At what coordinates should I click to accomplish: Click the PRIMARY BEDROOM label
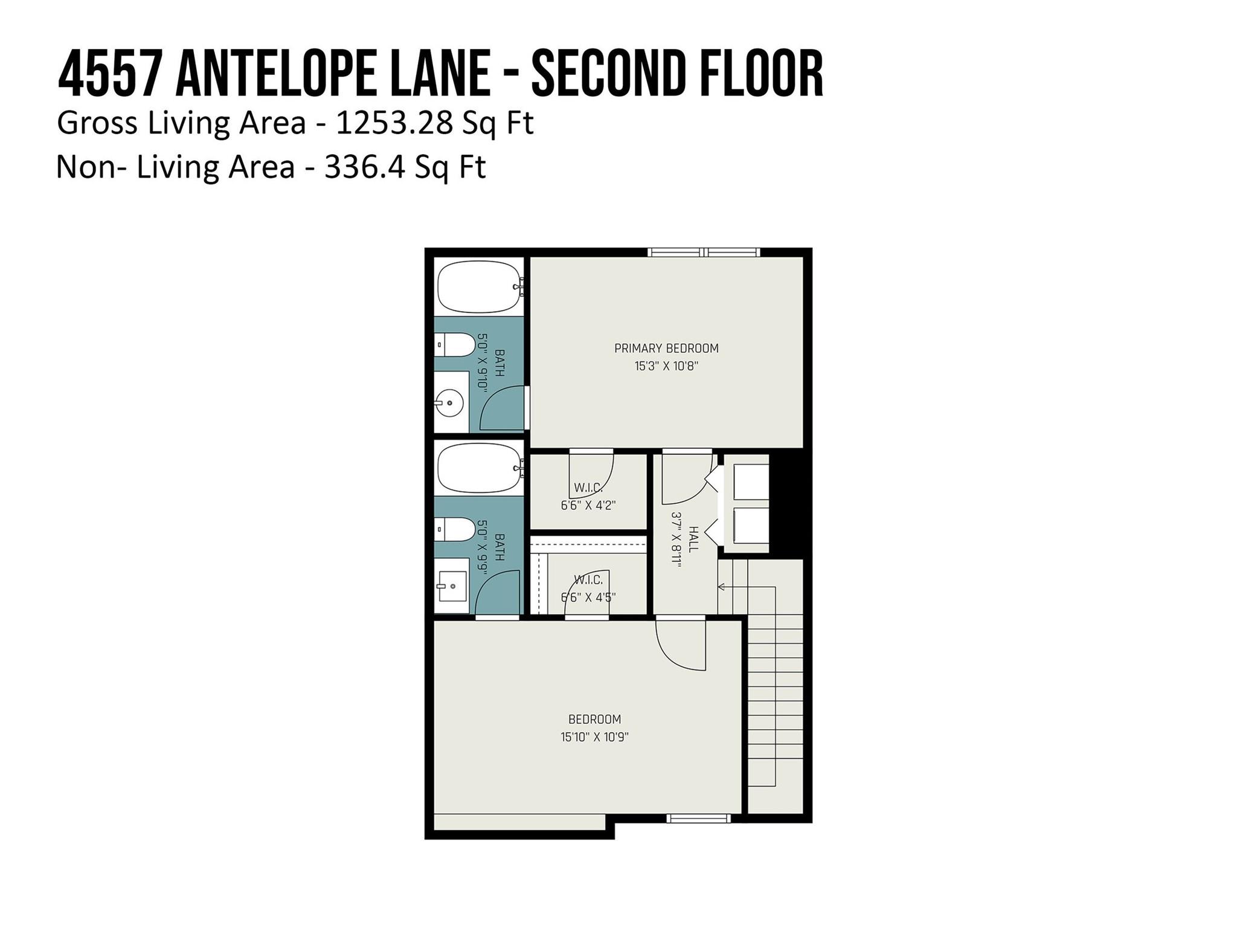(666, 348)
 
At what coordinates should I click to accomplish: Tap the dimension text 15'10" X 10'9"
(594, 736)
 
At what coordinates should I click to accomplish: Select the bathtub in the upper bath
(479, 286)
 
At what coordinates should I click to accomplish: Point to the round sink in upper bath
(449, 402)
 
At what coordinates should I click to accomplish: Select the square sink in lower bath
(452, 586)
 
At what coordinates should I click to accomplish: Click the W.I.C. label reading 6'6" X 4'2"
(588, 505)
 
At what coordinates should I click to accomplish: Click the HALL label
(693, 538)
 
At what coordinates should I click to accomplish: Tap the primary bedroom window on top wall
(704, 253)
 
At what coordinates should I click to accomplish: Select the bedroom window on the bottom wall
(698, 819)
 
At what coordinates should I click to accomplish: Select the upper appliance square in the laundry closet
(751, 481)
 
